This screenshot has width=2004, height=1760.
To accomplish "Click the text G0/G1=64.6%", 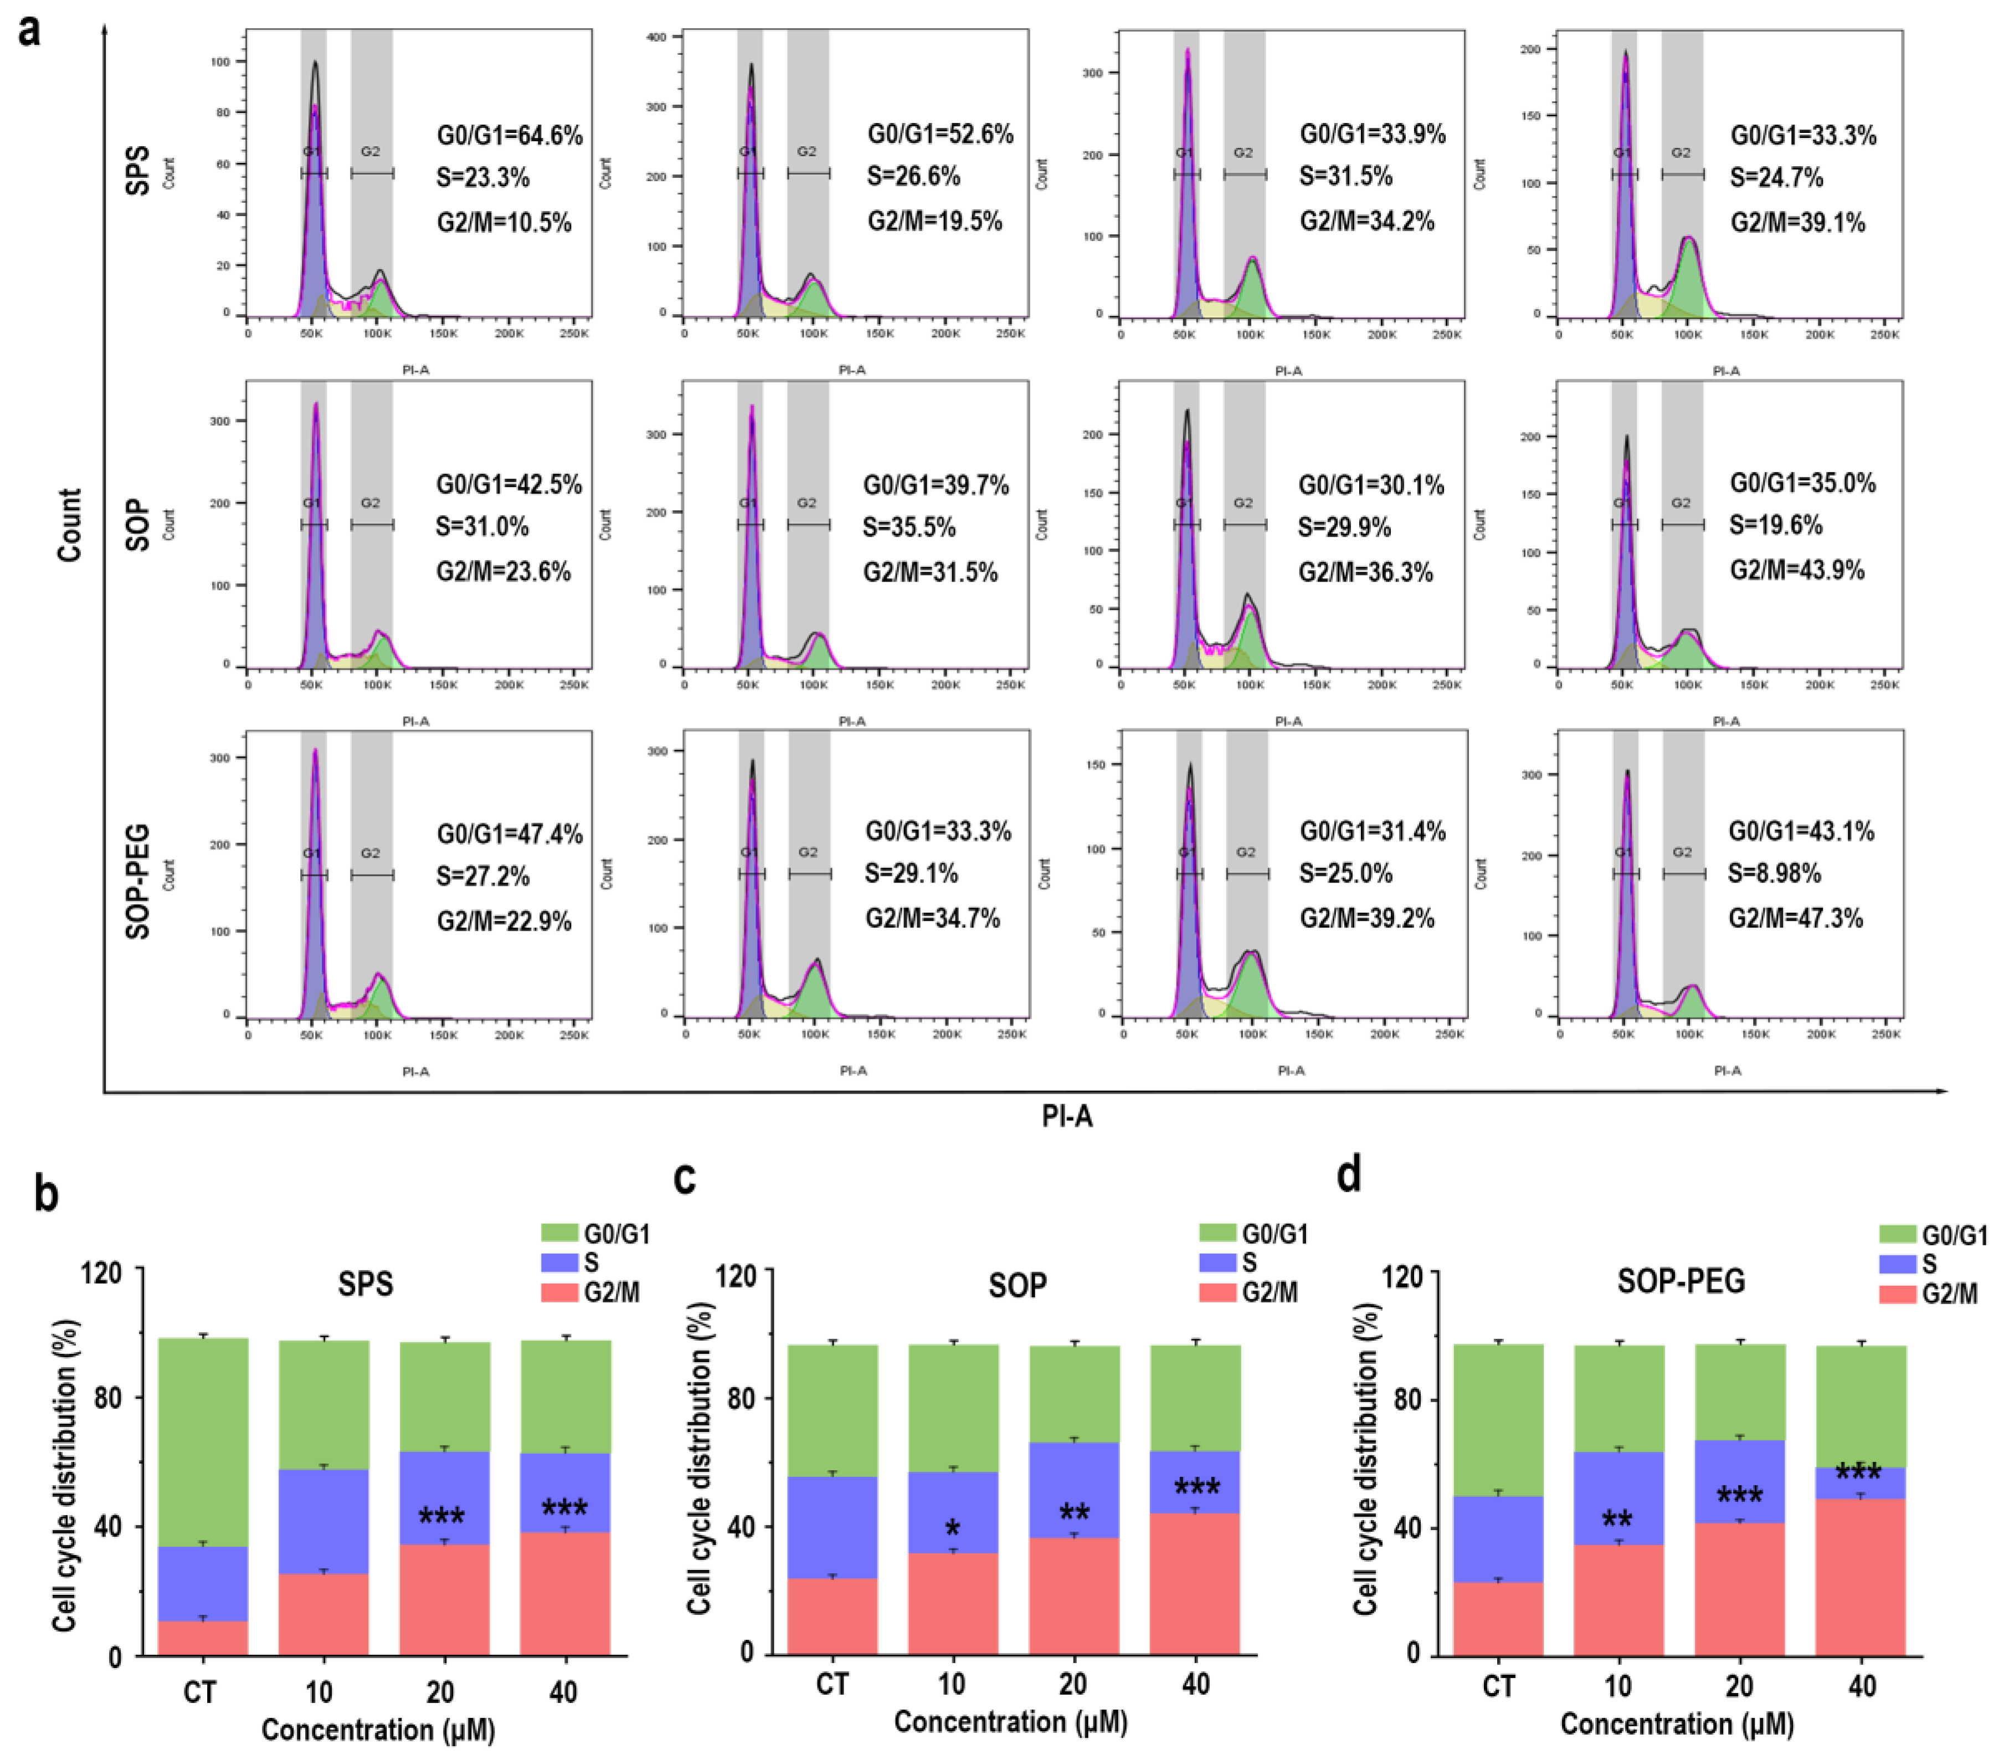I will (510, 135).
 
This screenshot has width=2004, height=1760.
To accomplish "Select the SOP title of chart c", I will (1017, 1285).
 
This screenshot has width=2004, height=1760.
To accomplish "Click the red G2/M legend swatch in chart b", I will (560, 1292).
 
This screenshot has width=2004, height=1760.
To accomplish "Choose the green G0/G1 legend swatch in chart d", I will (1897, 1234).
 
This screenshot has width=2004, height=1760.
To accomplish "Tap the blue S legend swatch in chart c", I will (1217, 1263).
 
